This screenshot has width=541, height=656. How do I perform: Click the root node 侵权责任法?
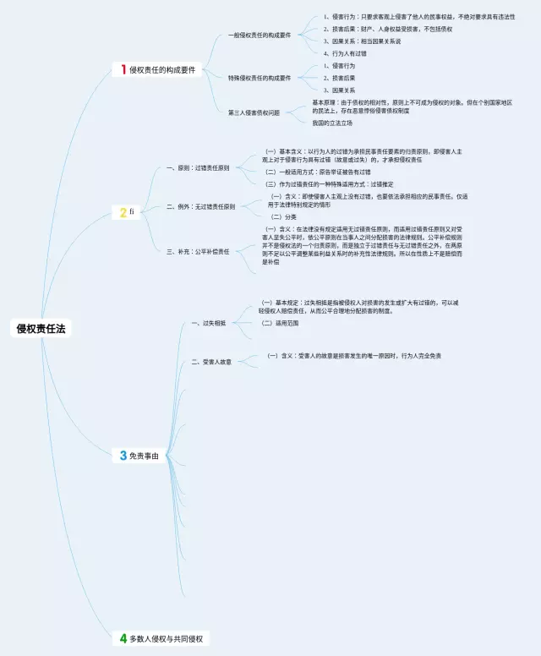[41, 328]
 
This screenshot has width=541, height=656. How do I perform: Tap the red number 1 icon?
[123, 70]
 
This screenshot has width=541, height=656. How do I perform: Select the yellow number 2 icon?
[123, 212]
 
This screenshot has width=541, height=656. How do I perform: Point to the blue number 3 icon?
[123, 456]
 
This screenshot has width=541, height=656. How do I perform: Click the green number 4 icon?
[123, 638]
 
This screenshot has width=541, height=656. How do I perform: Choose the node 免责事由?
[144, 456]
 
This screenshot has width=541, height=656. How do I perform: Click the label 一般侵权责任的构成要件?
[260, 35]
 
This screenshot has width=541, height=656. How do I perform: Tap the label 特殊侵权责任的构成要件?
[260, 78]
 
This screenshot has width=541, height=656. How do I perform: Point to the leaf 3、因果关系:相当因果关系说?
[362, 41]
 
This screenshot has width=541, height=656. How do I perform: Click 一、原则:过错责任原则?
[199, 167]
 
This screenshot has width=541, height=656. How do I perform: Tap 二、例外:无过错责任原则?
[201, 206]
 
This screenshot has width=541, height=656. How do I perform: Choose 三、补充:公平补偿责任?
[199, 250]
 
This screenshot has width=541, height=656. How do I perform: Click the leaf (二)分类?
[283, 216]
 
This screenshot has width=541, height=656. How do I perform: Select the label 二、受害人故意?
[211, 362]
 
